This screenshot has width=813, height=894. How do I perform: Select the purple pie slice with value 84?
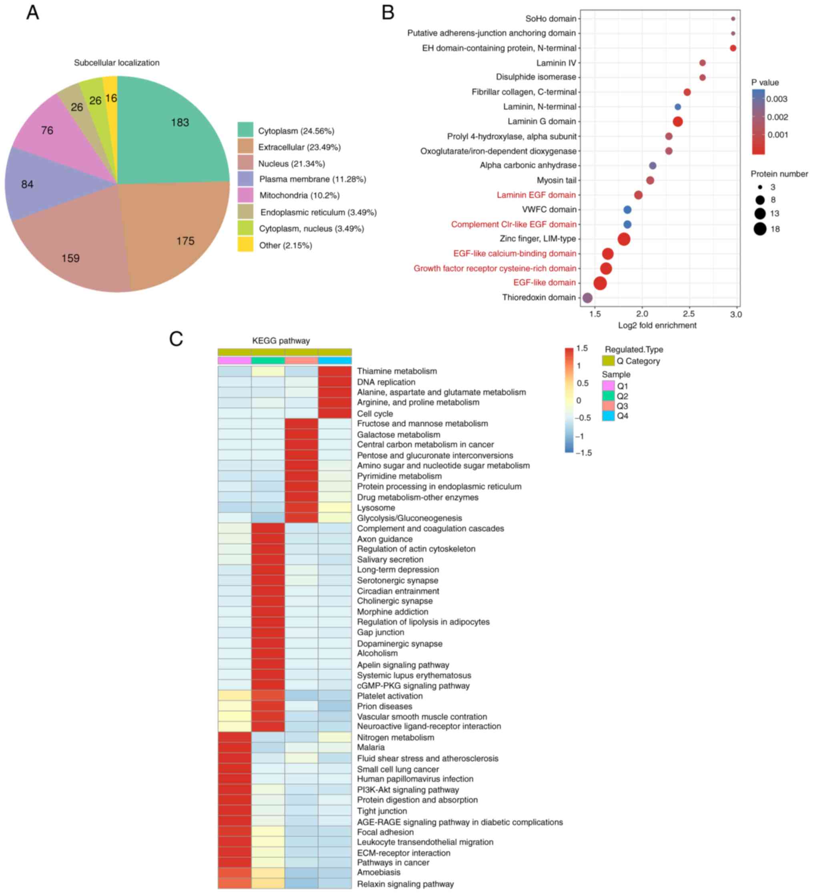[40, 184]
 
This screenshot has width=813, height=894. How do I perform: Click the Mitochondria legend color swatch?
[245, 195]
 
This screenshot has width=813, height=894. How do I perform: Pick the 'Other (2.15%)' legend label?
[285, 245]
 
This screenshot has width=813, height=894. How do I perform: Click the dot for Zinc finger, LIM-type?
[623, 239]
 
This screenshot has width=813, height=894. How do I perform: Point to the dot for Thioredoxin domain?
[587, 297]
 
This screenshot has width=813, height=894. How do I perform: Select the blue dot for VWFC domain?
[627, 210]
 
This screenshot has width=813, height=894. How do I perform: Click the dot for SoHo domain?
[733, 19]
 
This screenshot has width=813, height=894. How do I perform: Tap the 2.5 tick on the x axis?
[689, 314]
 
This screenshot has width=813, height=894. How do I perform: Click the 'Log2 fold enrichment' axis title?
[657, 325]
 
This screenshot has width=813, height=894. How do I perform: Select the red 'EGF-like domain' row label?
[544, 283]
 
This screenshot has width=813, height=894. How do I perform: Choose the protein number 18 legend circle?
[760, 229]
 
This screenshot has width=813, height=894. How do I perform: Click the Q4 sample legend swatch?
[608, 416]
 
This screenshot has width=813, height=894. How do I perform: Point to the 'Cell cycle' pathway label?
[375, 414]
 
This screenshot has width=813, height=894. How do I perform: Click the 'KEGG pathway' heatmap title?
[281, 341]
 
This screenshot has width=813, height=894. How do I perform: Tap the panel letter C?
[176, 339]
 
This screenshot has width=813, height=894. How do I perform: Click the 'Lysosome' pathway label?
[376, 508]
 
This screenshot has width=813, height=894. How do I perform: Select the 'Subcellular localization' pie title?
[117, 63]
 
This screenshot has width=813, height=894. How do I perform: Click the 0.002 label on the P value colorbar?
[777, 117]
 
